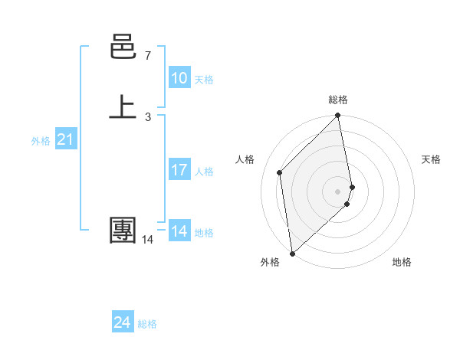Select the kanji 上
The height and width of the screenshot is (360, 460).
pos(123,106)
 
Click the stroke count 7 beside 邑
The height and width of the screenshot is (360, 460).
pos(147,56)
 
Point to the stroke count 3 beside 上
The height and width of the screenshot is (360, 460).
pos(147,116)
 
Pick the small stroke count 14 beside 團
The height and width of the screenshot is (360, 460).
pos(147,240)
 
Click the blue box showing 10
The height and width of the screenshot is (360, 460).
pos(179,78)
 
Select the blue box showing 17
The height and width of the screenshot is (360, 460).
pos(179,170)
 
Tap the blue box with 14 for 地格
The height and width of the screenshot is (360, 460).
pos(179,231)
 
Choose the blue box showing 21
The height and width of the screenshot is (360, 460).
pos(66,139)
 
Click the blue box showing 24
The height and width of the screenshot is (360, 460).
pos(123,323)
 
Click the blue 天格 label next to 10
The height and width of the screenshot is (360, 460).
pos(204,80)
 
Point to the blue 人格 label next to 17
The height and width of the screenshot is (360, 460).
pos(204,172)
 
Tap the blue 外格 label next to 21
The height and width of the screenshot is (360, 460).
pos(41,141)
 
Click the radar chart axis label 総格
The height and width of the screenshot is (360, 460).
pos(338,100)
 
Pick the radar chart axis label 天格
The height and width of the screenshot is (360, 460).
pos(431,159)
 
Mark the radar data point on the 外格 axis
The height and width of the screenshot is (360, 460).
pos(292,253)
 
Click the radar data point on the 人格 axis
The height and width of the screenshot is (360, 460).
pos(280,172)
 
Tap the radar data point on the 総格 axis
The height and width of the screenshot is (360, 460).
pos(338,116)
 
